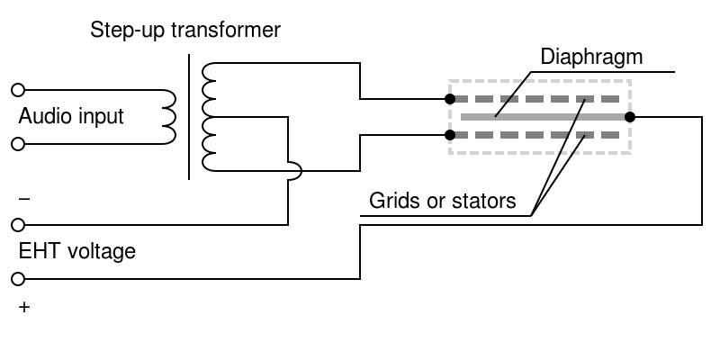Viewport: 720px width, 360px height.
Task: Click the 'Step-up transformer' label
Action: coord(185,31)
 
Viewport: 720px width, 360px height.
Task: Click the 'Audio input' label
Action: coord(71,117)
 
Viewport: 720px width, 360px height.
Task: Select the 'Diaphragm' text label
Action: coord(591,58)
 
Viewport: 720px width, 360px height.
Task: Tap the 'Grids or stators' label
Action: coord(443,201)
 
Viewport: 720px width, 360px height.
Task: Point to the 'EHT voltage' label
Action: coord(76,251)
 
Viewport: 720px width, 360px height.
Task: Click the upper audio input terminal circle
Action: coord(16,90)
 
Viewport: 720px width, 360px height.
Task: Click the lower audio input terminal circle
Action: coord(16,144)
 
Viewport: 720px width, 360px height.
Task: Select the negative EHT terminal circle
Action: coord(16,224)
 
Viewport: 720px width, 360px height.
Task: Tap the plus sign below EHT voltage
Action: coord(23,308)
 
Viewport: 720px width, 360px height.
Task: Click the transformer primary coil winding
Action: coord(168,117)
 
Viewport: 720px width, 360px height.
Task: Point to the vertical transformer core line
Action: coord(189,117)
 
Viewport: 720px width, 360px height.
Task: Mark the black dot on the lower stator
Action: coord(450,135)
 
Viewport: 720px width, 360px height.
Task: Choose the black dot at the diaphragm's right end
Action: coord(630,117)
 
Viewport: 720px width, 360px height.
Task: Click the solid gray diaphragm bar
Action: coord(540,117)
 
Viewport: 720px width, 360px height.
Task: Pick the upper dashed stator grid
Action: coord(540,99)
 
